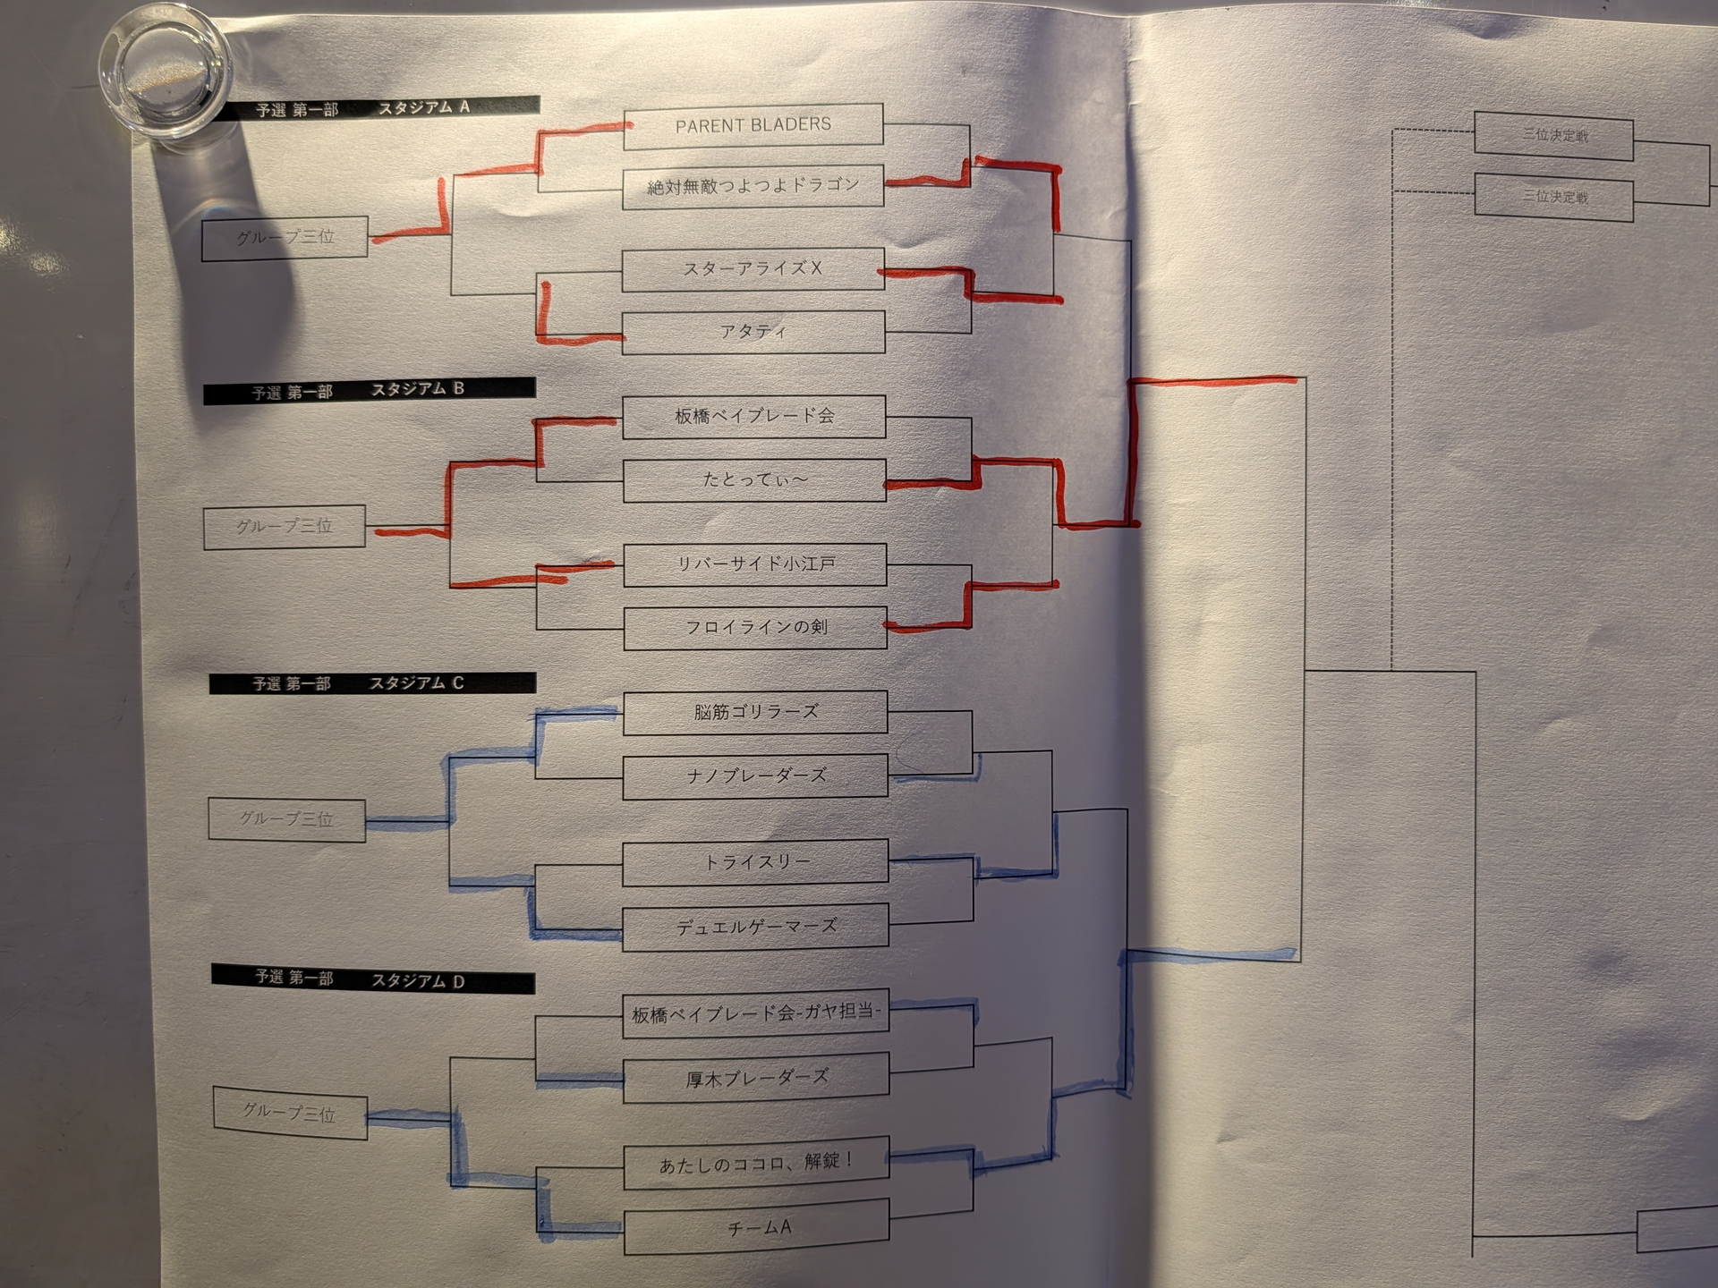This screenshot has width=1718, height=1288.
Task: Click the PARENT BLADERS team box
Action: [x=753, y=125]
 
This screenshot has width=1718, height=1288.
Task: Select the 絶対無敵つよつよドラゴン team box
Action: [x=753, y=187]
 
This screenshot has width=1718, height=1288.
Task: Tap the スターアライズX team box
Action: [x=753, y=269]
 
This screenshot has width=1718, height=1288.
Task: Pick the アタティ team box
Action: [x=753, y=333]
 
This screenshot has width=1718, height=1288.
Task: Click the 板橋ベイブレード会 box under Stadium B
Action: [x=754, y=417]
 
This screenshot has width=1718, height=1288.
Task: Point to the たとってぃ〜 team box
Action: [x=754, y=481]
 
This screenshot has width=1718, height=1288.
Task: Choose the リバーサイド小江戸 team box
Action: [x=755, y=565]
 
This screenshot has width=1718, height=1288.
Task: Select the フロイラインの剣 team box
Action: [x=755, y=628]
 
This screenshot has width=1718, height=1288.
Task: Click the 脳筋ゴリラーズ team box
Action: [x=755, y=713]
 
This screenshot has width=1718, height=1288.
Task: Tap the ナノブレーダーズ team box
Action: [x=755, y=776]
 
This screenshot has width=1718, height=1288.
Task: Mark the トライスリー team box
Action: [x=755, y=861]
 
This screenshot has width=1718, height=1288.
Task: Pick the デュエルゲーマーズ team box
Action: [x=755, y=928]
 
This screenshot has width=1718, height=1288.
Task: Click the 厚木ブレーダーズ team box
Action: [x=756, y=1079]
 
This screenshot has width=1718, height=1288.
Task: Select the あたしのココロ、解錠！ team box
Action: [x=756, y=1163]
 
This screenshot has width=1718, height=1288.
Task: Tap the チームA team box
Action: [x=757, y=1228]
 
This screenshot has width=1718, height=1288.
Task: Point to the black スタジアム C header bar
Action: [x=372, y=684]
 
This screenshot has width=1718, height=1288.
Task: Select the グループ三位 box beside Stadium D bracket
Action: [x=290, y=1113]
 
